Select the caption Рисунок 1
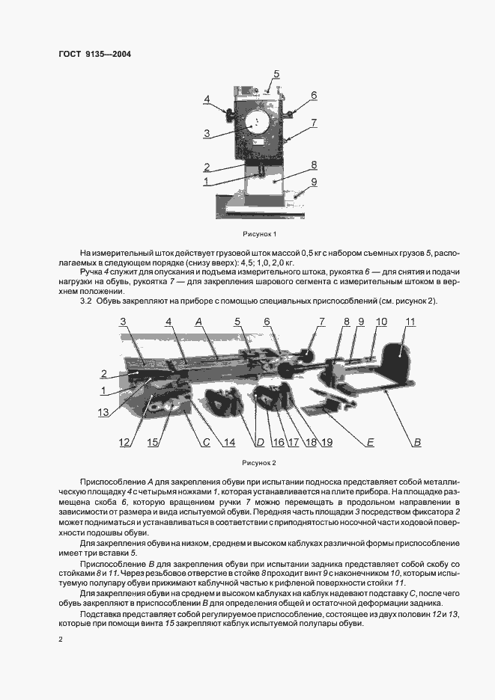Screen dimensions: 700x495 point(260,234)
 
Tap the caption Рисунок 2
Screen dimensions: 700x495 point(260,462)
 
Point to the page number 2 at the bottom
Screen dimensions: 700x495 point(61,639)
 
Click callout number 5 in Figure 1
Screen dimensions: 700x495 point(276,73)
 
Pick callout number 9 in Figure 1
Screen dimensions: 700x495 point(314,182)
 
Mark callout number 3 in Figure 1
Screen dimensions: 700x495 point(206,133)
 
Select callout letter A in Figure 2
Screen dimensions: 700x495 point(199,322)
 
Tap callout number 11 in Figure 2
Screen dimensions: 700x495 point(410,322)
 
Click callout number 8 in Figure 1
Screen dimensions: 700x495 point(314,164)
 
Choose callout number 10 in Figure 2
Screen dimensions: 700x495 point(381,322)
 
